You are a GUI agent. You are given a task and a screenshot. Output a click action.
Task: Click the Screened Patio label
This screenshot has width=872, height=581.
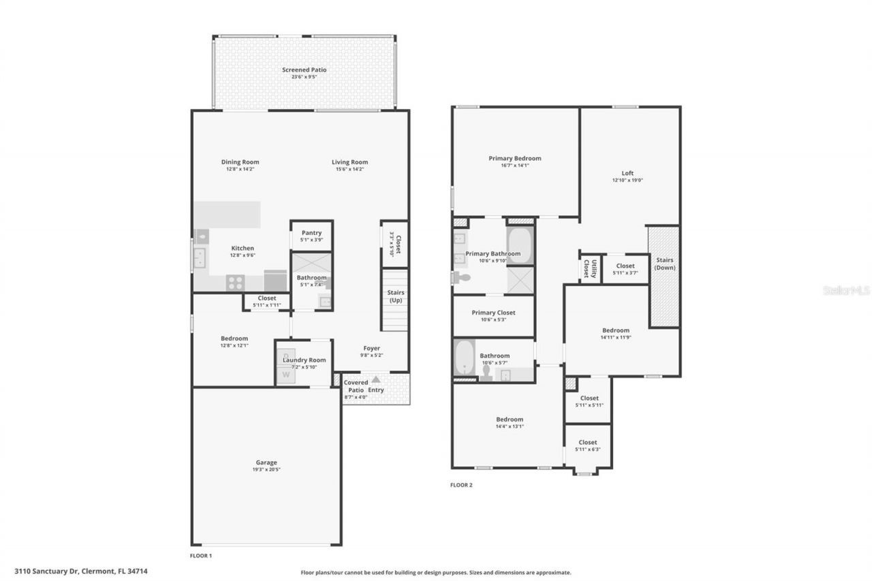click(305, 69)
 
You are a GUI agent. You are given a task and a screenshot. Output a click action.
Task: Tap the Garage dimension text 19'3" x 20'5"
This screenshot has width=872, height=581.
click(266, 469)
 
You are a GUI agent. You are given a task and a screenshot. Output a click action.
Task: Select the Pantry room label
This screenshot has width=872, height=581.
click(311, 233)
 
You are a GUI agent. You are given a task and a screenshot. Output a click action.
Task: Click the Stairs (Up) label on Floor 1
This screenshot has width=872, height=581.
click(395, 296)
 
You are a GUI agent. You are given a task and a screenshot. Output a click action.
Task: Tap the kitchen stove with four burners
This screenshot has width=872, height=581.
click(236, 281)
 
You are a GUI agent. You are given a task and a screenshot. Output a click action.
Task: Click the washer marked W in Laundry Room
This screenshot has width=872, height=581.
click(286, 373)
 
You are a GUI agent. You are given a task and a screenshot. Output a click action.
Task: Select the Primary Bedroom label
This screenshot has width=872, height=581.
click(514, 158)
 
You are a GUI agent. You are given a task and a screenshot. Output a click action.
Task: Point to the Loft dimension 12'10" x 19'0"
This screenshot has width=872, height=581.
click(627, 180)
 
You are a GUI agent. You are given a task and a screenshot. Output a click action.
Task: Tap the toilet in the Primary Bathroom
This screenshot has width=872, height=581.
click(463, 278)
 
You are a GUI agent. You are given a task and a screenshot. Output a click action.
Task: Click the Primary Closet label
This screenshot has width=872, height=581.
click(493, 313)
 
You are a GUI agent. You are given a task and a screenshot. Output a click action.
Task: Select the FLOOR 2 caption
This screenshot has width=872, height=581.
click(461, 485)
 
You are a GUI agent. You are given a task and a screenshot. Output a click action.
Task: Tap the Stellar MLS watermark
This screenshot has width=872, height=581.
click(846, 290)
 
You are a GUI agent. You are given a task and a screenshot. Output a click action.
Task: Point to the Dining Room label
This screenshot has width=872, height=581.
click(240, 162)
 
